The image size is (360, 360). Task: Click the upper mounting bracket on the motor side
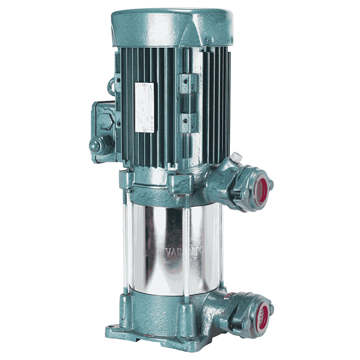point(189,83)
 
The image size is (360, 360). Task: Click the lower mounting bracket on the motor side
point(189,123)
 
